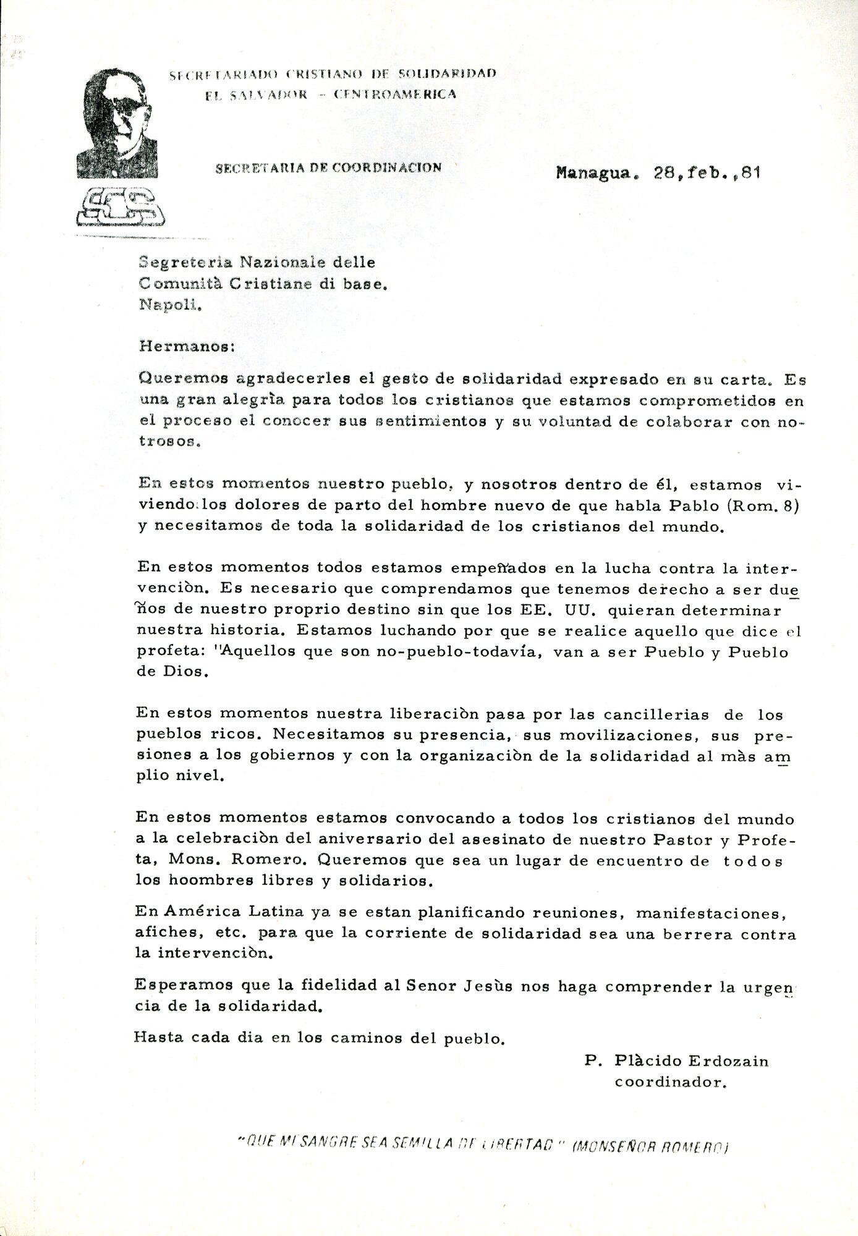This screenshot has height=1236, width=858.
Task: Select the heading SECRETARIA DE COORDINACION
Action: (328, 167)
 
